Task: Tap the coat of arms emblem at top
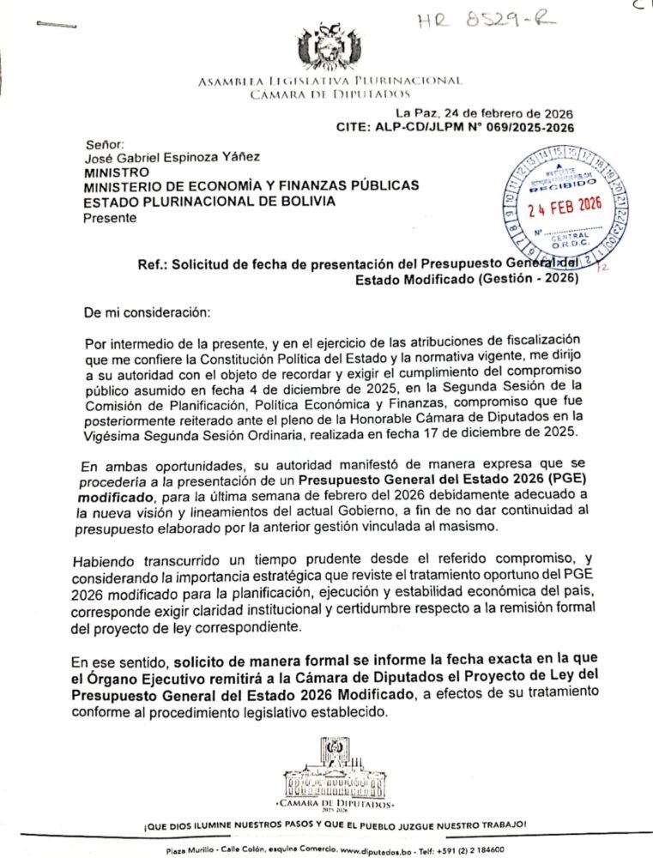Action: click(x=330, y=47)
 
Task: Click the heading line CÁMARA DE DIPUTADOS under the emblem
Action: click(x=330, y=93)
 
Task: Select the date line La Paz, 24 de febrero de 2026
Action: click(x=484, y=113)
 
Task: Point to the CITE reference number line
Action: click(x=455, y=127)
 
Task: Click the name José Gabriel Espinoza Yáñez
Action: click(x=172, y=157)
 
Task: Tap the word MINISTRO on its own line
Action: click(x=115, y=172)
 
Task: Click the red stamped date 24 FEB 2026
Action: click(x=565, y=208)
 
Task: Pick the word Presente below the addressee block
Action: click(x=109, y=217)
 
